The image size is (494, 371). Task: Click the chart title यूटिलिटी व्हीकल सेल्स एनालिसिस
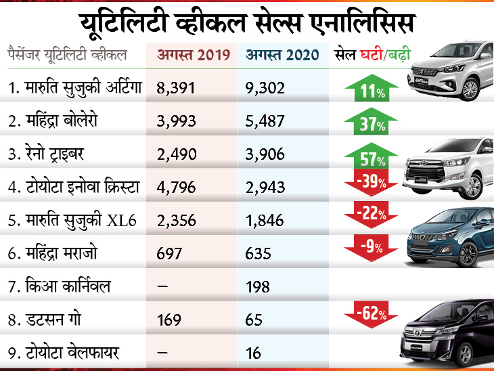(x=246, y=23)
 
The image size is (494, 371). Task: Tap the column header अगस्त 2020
(x=282, y=56)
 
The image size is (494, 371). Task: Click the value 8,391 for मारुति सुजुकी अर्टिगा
(x=177, y=88)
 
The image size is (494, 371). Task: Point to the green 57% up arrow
(x=369, y=155)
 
